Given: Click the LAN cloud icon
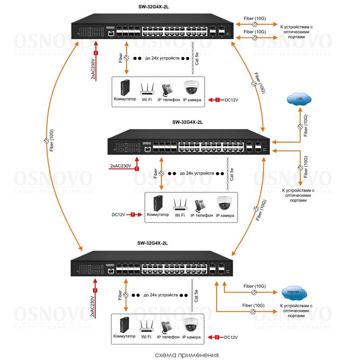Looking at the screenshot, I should (x=299, y=99).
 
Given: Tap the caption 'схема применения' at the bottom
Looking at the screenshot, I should (x=187, y=354).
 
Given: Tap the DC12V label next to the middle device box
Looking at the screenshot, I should (x=119, y=215).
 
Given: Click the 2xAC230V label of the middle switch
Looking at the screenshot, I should (x=121, y=165).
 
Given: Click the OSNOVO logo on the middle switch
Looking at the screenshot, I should (x=147, y=142).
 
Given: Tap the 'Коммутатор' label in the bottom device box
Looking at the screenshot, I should (x=124, y=336).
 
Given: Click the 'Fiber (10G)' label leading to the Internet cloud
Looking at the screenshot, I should (x=254, y=286).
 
